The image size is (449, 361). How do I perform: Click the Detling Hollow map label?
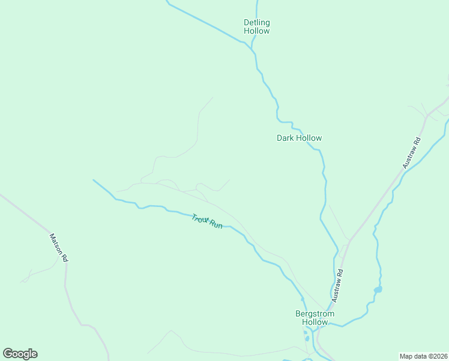pos(256,26)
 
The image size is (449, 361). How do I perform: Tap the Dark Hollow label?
pos(299,138)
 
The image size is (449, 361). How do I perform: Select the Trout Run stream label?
pos(207,220)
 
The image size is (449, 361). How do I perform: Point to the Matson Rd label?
pos(59,247)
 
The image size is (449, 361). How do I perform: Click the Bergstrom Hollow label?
pos(315,318)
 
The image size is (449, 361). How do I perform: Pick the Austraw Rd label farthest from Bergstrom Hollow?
pos(412,152)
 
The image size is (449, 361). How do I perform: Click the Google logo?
pos(20,354)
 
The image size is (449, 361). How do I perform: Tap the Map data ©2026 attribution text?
pos(423,356)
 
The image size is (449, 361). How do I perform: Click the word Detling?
pos(256,23)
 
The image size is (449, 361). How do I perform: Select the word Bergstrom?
pos(315,313)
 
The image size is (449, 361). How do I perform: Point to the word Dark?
pos(285,138)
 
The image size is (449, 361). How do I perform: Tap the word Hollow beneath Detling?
pos(256,31)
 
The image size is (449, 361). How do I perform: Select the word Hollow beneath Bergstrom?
pos(315,322)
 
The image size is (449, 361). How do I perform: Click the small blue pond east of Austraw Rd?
pos(378,289)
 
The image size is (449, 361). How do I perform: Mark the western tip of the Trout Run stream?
pos(94,180)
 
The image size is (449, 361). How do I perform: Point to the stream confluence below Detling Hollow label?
pos(251,45)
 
